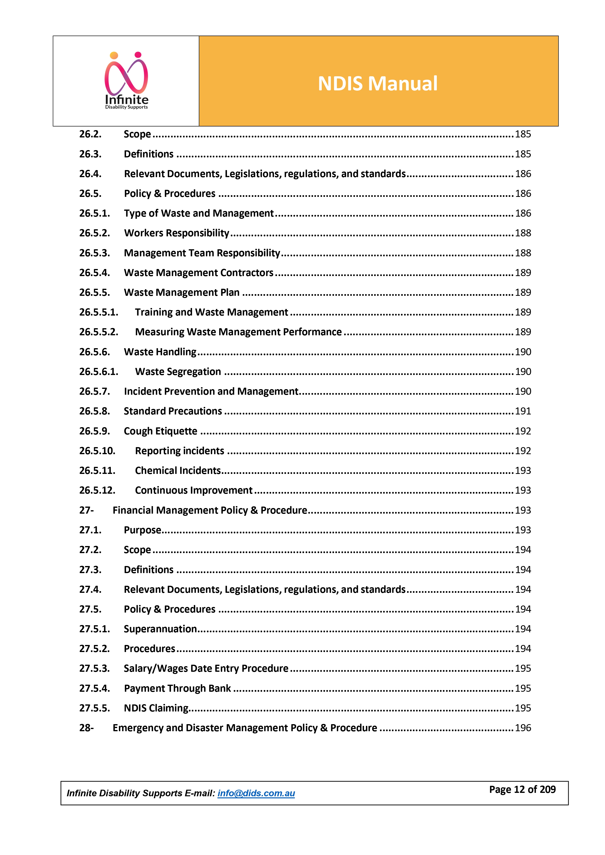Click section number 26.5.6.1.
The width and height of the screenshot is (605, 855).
point(98,372)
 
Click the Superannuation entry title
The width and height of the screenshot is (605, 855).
point(160,629)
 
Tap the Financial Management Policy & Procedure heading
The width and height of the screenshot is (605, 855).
point(210,510)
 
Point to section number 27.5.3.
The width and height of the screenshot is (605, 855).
point(94,668)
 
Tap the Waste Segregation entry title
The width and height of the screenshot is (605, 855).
point(178,372)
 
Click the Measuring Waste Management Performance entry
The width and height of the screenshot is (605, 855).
point(238,332)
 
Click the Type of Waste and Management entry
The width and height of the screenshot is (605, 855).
point(199,213)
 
